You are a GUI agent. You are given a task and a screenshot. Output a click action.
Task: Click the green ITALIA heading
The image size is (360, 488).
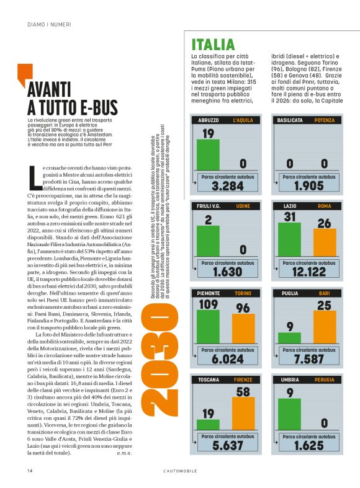(x=213, y=45)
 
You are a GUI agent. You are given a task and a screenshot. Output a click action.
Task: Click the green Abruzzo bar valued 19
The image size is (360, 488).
(x=208, y=154)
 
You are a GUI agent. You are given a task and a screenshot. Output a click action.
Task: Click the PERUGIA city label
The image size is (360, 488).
(x=324, y=379)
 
